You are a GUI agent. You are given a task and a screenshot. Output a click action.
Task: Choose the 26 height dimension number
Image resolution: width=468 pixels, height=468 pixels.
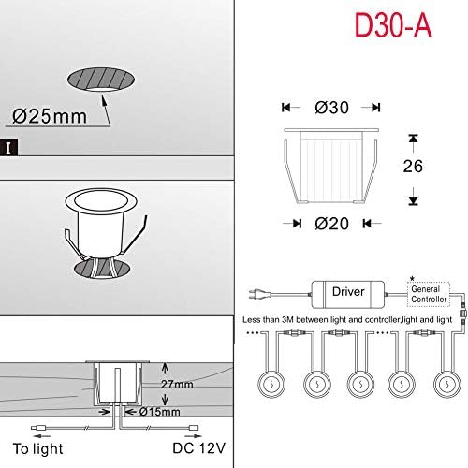(x=411, y=167)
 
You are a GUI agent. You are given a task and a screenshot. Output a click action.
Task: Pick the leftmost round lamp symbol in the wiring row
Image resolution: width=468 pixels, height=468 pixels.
(x=269, y=384)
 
